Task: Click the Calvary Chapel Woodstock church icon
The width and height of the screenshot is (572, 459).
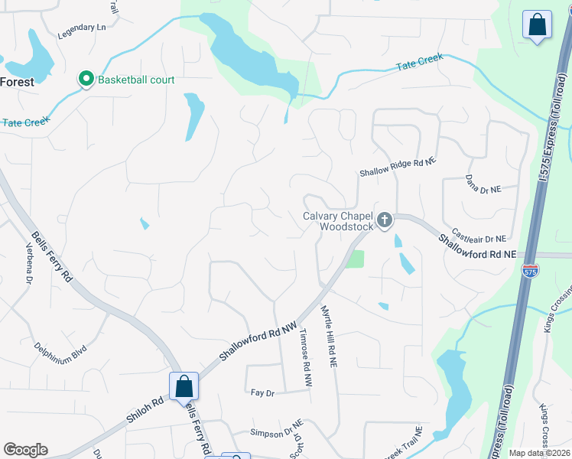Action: tap(385, 221)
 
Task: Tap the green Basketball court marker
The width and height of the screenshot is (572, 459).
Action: tap(86, 80)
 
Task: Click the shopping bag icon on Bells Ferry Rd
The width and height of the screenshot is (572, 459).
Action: tap(184, 386)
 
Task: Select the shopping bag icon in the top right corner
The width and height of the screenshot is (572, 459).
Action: tap(538, 24)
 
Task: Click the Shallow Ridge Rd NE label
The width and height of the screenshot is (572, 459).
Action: tap(398, 168)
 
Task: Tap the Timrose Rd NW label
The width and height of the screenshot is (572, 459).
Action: tap(305, 357)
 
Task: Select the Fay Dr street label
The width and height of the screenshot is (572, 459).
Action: tap(262, 392)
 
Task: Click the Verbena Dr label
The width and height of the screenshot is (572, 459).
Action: tap(28, 265)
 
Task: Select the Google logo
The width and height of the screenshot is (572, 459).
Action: tap(25, 450)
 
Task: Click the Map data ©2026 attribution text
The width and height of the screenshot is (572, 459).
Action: tap(539, 453)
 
